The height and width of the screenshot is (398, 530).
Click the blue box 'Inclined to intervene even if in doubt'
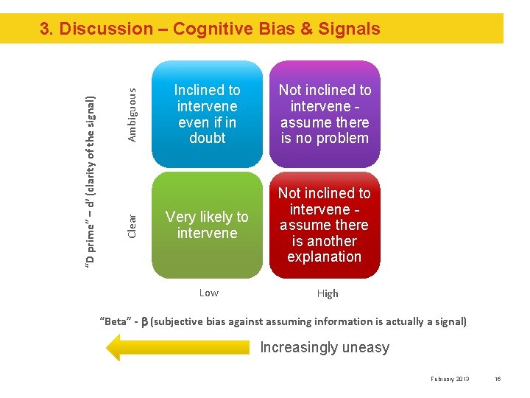coord(207,114)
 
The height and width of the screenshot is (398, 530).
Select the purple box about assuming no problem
coord(325,114)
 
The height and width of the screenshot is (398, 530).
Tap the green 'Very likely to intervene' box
coord(207,225)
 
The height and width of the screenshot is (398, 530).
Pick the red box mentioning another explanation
coord(325,225)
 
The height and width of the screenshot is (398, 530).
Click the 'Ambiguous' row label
coord(132,114)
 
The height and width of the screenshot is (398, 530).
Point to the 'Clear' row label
coord(132,225)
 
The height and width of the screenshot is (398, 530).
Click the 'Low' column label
coord(209,293)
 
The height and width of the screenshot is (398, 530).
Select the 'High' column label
coord(328,293)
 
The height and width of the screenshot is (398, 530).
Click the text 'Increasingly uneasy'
coord(325,348)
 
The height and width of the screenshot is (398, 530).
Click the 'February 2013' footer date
coord(450,379)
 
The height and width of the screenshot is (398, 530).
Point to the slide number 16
coord(498,379)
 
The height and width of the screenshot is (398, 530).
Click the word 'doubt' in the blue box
coord(208,139)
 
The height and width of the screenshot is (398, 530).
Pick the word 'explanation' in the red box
coord(325,257)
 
